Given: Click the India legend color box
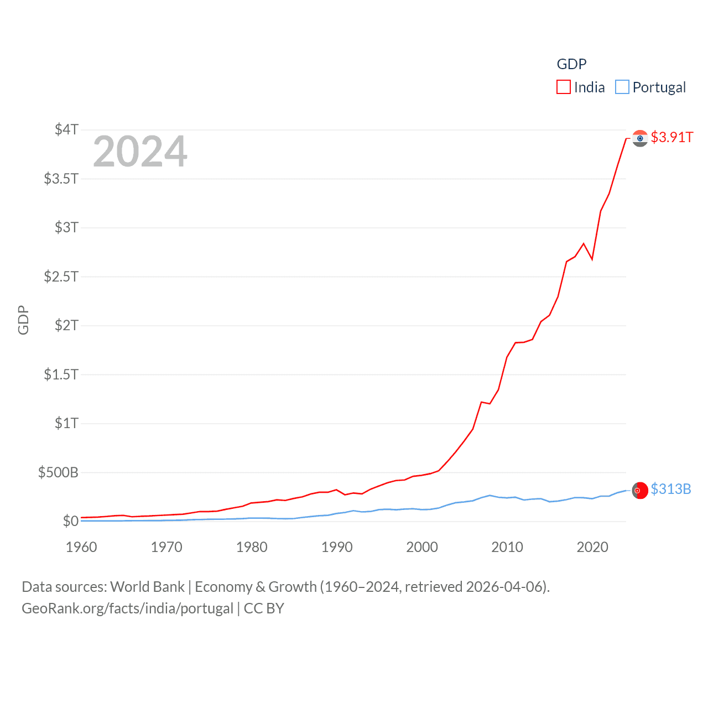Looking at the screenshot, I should [x=563, y=87].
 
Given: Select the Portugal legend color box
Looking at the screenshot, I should [x=622, y=87].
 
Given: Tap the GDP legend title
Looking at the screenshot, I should [x=571, y=64].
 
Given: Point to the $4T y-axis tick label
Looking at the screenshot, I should [x=66, y=129].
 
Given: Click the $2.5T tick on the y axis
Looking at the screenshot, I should [x=61, y=276].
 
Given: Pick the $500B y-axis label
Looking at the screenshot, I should [x=58, y=472].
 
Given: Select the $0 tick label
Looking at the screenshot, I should [x=70, y=521].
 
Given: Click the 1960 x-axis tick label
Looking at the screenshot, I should [x=81, y=547].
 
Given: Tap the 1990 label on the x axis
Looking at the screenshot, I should [x=337, y=547].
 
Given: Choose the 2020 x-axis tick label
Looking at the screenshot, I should [x=592, y=547].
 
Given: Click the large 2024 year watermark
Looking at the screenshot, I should [x=140, y=152].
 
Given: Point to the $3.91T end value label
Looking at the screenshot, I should [x=671, y=137].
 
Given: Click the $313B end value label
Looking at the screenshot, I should [x=670, y=489].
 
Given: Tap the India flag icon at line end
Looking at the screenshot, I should [x=640, y=138].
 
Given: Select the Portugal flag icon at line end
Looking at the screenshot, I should [x=640, y=490].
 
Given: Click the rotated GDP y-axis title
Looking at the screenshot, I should [x=23, y=320].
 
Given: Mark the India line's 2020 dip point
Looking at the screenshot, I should [x=592, y=259].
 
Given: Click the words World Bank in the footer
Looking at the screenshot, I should [x=147, y=586].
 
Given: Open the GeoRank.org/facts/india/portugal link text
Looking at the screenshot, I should [x=127, y=608].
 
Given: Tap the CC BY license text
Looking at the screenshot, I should [x=264, y=608].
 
